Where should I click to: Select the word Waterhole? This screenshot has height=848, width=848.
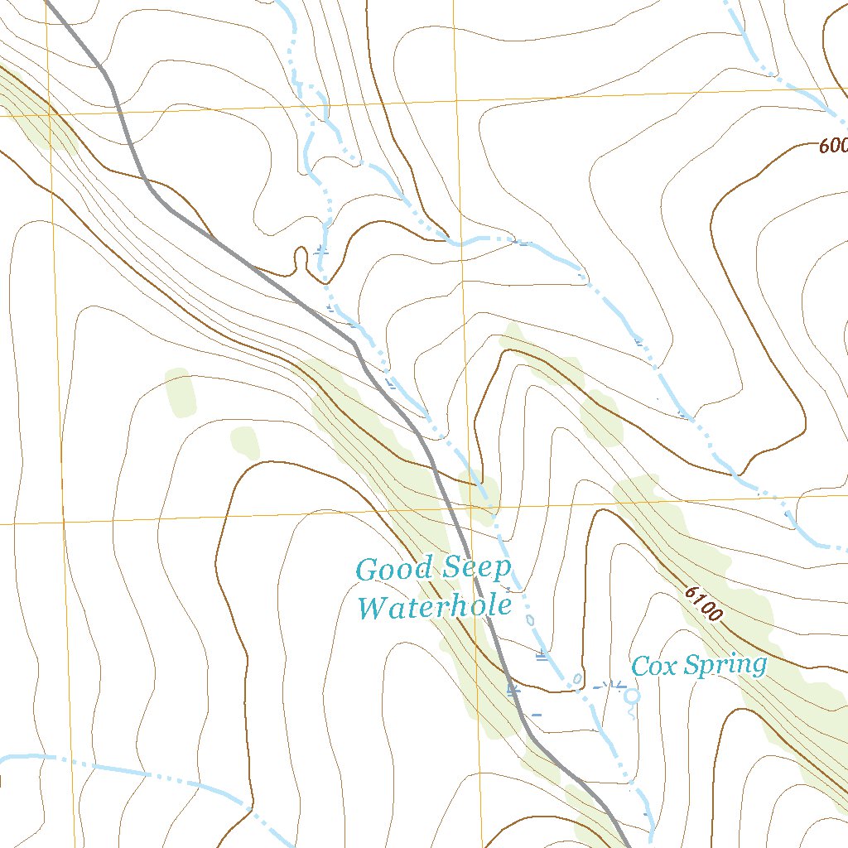[x=434, y=607]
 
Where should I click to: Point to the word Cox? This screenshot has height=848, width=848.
[x=650, y=665]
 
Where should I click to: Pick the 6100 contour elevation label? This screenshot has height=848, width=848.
[x=705, y=604]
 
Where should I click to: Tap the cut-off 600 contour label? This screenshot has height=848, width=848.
[x=832, y=146]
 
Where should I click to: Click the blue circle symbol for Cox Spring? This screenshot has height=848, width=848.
[x=633, y=696]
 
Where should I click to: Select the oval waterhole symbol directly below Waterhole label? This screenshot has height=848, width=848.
[x=530, y=619]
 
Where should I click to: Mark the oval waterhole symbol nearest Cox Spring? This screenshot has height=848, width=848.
[x=578, y=680]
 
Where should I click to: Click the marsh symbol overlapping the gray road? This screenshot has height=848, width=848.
[x=513, y=688]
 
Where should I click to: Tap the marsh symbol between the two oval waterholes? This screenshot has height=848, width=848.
[x=542, y=657]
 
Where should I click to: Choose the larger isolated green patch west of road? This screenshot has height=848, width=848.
[x=181, y=393]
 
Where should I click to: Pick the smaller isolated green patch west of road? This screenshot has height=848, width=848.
[x=245, y=441]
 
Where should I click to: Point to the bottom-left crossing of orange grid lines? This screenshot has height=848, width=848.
[x=61, y=523]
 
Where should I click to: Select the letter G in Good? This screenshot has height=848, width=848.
[x=366, y=570]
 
